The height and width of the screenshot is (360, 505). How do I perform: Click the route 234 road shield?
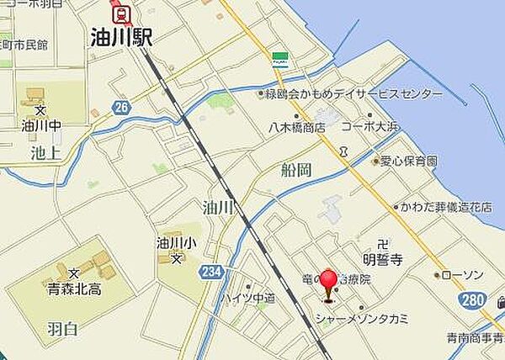(x=212, y=271)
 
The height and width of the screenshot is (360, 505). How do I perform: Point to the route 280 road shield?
(x=473, y=301)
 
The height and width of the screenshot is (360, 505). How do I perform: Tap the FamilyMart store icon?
(x=279, y=59)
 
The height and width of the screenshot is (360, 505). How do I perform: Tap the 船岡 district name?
(x=296, y=170)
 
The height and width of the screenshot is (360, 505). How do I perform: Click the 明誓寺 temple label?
(x=385, y=261)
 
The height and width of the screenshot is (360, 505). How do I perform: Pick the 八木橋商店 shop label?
(x=297, y=128)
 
